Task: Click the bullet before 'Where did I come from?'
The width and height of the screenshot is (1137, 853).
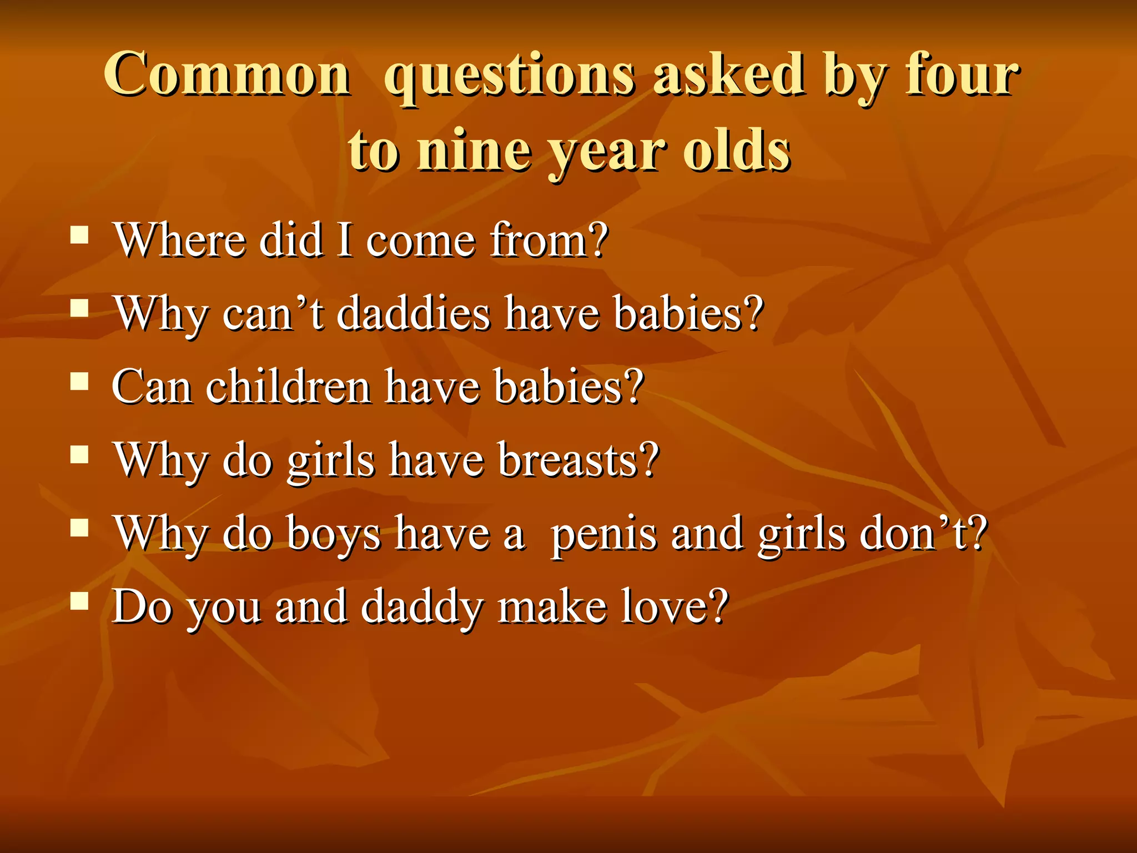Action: point(80,235)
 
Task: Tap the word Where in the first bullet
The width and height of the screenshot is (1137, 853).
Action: point(179,240)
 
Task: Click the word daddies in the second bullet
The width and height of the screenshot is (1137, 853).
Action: point(414,314)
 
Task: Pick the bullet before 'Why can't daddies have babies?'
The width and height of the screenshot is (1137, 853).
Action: point(80,308)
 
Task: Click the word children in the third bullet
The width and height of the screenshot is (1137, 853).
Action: point(288,387)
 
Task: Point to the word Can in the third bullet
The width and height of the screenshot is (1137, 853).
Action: point(152,387)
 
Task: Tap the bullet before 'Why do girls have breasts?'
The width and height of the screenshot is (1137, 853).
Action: point(80,455)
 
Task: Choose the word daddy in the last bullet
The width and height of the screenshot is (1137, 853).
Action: point(422,608)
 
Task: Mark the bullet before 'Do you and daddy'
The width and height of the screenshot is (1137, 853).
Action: point(80,601)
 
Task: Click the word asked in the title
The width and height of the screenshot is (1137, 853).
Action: point(728,75)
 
